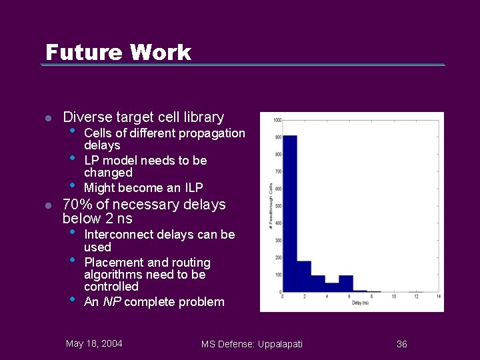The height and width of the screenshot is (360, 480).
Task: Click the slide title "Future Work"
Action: point(118,52)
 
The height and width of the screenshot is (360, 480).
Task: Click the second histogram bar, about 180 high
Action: point(303,277)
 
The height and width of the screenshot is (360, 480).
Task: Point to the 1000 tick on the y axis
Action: point(277,120)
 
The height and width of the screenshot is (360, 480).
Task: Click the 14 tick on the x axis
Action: point(438,296)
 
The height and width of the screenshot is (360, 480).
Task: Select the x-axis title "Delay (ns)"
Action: point(361,303)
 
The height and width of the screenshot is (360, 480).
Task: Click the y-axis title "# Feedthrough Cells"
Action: point(270,206)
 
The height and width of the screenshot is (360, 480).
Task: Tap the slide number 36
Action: point(402,344)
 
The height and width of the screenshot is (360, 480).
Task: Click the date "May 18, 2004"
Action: point(94,343)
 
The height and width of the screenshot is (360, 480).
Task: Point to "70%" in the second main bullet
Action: point(77,205)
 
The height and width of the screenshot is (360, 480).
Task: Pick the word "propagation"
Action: point(213,133)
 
